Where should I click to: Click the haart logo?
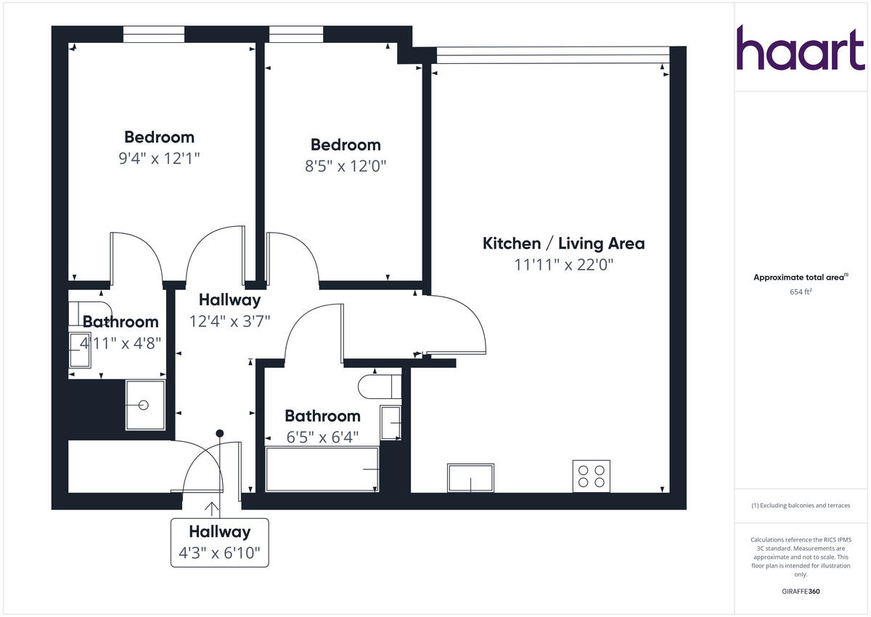[x=801, y=49]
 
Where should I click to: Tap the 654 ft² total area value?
[x=801, y=291]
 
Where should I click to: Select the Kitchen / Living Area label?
[x=563, y=243]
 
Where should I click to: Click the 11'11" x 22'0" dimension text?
[x=564, y=265]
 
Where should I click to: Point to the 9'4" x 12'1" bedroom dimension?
[x=159, y=158]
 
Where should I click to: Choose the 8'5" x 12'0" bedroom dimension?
[x=345, y=166]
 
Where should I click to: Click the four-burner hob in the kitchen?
[x=591, y=476]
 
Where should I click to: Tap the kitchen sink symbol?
[x=471, y=477]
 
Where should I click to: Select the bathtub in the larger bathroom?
[x=322, y=469]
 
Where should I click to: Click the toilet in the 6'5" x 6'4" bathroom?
[x=379, y=386]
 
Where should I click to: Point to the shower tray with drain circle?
[x=144, y=405]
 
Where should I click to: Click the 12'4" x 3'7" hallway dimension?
[x=229, y=321]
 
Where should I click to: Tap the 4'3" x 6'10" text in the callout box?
[x=219, y=555]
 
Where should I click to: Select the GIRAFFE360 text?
[x=801, y=592]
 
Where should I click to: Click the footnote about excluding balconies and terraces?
[x=801, y=505]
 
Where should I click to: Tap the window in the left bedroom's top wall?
[x=153, y=34]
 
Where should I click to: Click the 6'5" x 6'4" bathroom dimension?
[x=322, y=437]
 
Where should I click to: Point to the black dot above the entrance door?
[x=219, y=433]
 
